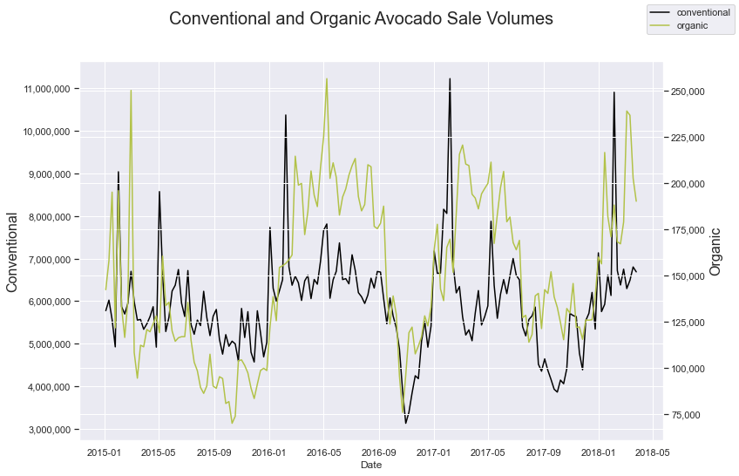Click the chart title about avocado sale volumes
pos(361,19)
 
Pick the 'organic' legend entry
pos(692,26)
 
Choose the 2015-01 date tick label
pos(105,452)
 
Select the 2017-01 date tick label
pos(433,452)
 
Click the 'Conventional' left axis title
pos(13,252)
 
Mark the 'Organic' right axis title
pos(715,252)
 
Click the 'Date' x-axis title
pos(370,466)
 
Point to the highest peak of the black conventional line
pos(450,78)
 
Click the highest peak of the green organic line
pos(327,78)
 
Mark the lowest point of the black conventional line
pos(405,423)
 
